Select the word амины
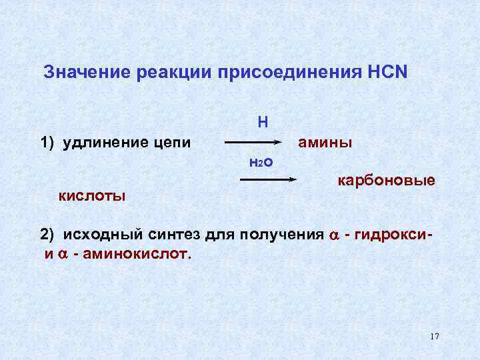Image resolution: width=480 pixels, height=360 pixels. click(x=325, y=142)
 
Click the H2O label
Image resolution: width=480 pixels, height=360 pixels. click(x=261, y=161)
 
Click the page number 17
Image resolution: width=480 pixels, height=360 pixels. click(x=434, y=336)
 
